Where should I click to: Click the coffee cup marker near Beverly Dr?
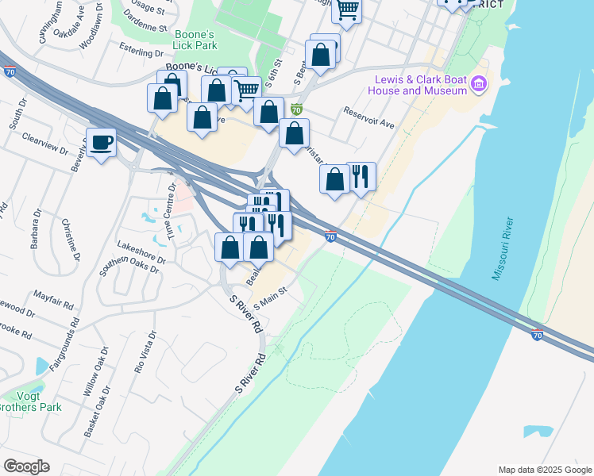click(x=100, y=143)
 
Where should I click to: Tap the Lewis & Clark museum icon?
click(x=479, y=83)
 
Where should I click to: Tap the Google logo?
click(x=26, y=466)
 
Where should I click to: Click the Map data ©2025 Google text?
click(x=544, y=469)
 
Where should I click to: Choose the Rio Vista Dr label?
click(x=144, y=353)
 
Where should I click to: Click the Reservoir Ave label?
click(x=368, y=117)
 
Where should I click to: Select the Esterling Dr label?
click(x=139, y=52)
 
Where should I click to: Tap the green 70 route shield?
click(x=297, y=110)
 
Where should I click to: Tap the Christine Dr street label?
click(x=71, y=240)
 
